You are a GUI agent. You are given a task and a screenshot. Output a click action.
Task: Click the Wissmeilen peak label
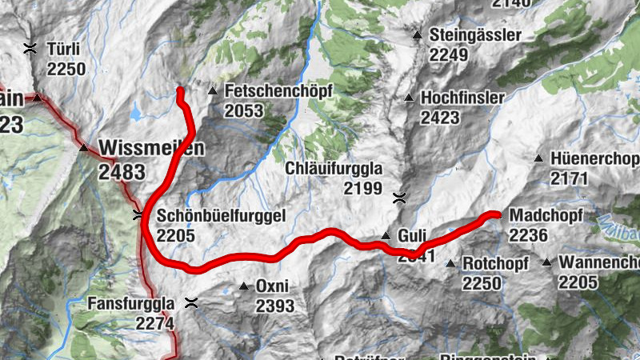point(152,147)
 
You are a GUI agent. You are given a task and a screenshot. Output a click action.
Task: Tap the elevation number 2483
point(122,171)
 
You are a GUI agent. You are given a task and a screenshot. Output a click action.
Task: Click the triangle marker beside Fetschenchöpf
point(212,91)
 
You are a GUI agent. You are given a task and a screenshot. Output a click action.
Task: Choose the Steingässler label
point(475,35)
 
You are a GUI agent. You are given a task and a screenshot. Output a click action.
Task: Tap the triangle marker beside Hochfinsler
point(409,98)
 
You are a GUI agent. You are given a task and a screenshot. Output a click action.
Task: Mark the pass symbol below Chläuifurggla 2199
point(398,197)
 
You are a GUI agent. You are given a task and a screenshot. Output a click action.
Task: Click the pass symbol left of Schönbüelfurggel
point(138,214)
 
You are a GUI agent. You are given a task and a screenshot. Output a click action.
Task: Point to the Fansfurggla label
point(130,304)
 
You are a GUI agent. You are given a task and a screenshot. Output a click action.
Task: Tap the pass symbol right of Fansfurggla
point(191,302)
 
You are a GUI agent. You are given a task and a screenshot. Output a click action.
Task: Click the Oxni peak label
point(272,286)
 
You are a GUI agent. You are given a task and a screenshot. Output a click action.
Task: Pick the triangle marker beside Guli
point(386,236)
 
